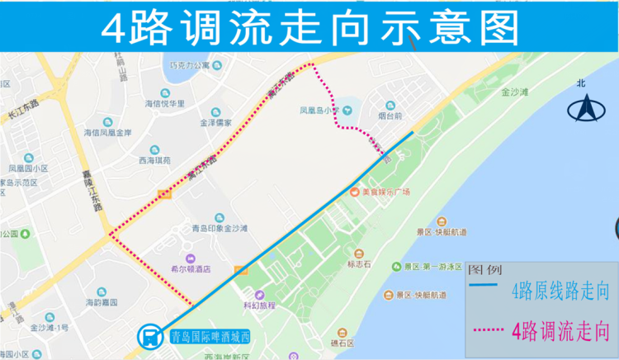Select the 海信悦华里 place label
coord(165,104)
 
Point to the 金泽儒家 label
coord(215,123)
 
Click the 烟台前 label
coord(390,116)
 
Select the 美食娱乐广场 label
coord(385,192)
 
